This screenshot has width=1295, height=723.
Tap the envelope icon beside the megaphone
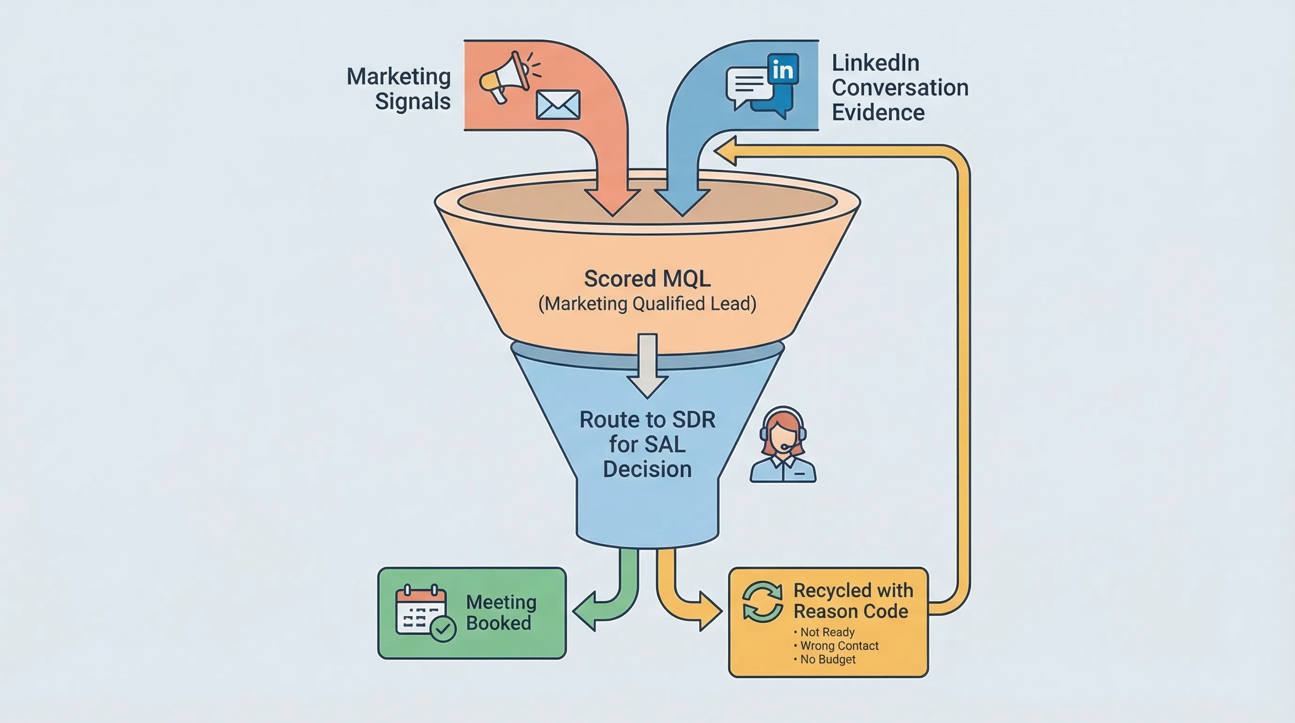(558, 105)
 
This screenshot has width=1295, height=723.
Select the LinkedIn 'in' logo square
(783, 70)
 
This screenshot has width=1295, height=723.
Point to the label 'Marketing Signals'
(399, 88)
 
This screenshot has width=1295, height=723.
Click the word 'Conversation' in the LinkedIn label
(900, 88)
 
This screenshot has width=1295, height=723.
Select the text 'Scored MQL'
(647, 279)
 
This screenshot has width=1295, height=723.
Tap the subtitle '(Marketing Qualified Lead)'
(647, 304)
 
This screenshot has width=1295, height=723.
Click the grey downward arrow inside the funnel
(647, 367)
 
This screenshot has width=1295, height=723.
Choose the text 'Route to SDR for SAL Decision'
(647, 444)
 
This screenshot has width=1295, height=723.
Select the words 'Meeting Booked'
(500, 612)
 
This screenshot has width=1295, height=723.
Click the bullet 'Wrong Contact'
(839, 646)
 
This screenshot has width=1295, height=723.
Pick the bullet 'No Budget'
(827, 659)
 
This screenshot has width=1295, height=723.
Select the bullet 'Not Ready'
(827, 632)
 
